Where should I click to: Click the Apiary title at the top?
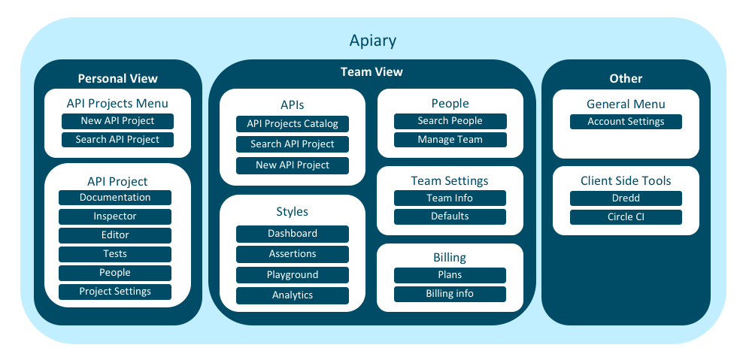(x=372, y=41)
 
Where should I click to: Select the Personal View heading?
(x=117, y=79)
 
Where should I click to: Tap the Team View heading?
(x=371, y=71)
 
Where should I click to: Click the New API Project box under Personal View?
(x=117, y=121)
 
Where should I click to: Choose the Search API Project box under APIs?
(x=293, y=144)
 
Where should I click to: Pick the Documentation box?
(x=115, y=198)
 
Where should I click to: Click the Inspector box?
(x=115, y=216)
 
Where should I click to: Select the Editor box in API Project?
(x=115, y=235)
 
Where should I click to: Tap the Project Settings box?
(x=115, y=292)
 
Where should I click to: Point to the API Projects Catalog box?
(x=293, y=123)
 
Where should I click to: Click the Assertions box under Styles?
(x=293, y=254)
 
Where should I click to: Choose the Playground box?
(x=293, y=275)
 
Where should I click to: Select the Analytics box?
(x=293, y=295)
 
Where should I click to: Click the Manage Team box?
(x=450, y=140)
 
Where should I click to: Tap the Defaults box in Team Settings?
(x=450, y=216)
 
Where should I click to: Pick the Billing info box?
(x=450, y=294)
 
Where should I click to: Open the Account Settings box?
(x=626, y=122)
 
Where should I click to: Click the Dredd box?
(x=626, y=198)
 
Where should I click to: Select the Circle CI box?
(x=626, y=217)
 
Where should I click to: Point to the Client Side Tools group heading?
(x=626, y=181)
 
